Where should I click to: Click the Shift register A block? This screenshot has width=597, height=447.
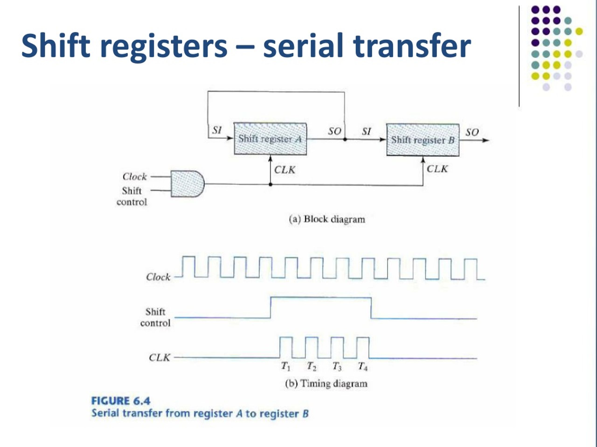pyautogui.click(x=270, y=139)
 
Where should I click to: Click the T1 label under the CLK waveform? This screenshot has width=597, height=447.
pyautogui.click(x=285, y=366)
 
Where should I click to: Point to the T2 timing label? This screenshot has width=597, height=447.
pyautogui.click(x=312, y=366)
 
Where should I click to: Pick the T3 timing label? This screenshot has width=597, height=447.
pyautogui.click(x=337, y=366)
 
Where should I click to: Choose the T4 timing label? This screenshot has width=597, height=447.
pyautogui.click(x=362, y=366)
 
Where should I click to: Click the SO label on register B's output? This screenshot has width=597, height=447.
pyautogui.click(x=472, y=132)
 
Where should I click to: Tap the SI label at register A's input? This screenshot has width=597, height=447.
pyautogui.click(x=217, y=130)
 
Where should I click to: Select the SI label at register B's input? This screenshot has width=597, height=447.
pyautogui.click(x=366, y=132)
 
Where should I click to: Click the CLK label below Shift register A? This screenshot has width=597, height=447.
pyautogui.click(x=285, y=170)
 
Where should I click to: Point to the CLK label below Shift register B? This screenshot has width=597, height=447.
pyautogui.click(x=437, y=169)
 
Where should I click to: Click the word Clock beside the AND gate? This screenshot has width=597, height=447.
pyautogui.click(x=134, y=177)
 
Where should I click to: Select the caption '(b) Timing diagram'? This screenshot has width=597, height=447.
pyautogui.click(x=326, y=383)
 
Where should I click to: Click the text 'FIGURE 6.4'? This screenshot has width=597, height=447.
pyautogui.click(x=121, y=401)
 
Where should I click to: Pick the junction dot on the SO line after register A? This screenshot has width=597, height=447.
pyautogui.click(x=345, y=139)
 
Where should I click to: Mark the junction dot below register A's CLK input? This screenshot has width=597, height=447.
pyautogui.click(x=271, y=184)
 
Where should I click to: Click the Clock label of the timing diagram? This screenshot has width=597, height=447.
pyautogui.click(x=158, y=277)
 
